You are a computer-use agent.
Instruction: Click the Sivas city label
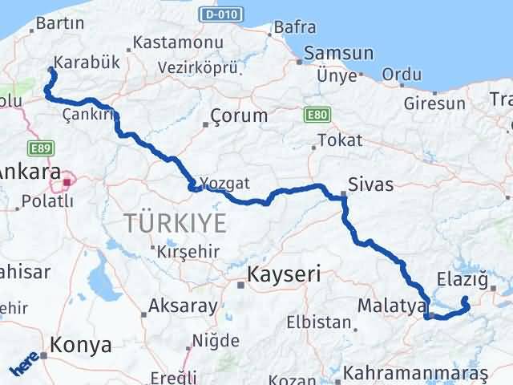[371, 184]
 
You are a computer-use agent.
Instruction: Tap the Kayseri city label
[284, 274]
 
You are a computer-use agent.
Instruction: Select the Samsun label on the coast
[337, 54]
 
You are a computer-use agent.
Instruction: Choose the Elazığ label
[463, 281]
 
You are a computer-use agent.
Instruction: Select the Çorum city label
[239, 115]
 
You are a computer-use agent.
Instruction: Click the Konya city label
[80, 345]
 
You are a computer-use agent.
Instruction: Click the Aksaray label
[183, 306]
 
